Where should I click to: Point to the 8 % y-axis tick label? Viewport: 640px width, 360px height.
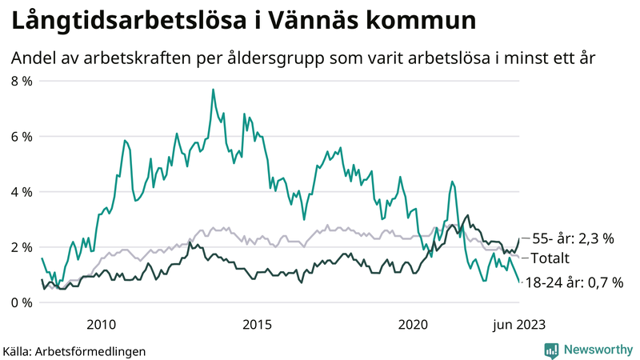21,81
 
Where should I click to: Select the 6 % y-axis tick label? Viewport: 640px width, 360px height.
21,136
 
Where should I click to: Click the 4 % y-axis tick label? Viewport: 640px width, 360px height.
21,192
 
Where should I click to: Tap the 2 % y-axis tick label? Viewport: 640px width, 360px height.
21,247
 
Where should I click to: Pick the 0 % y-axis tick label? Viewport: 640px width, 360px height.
21,302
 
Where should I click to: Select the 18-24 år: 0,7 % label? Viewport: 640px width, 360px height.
574,282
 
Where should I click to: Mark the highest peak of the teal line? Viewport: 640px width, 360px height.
213,90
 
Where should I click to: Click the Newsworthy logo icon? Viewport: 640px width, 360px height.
551,350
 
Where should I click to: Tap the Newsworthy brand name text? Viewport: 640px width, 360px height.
598,350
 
